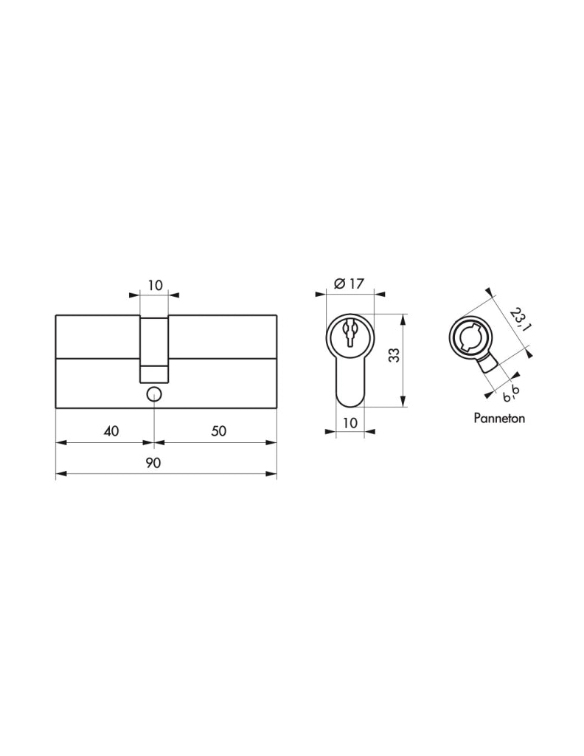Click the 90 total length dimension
[153, 463]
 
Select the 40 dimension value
[111, 430]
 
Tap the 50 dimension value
[218, 430]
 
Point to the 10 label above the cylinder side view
[155, 286]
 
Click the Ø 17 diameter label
[349, 283]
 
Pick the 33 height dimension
[394, 355]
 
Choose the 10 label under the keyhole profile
[350, 423]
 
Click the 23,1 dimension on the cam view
[520, 320]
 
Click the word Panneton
[499, 418]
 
